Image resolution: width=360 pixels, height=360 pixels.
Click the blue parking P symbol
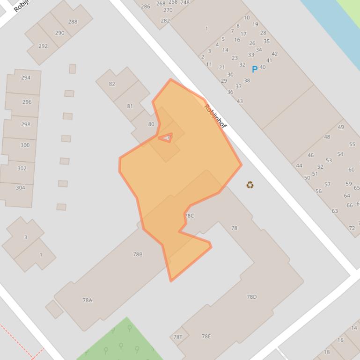(255, 70)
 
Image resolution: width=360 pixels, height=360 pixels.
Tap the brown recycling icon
(250, 185)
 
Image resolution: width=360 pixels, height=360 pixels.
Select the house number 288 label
(73, 22)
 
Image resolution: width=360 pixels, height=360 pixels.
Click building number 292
(43, 46)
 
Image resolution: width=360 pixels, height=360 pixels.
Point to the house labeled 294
(26, 78)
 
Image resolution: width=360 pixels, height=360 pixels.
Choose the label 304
(20, 187)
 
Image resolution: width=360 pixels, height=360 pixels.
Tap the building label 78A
(88, 300)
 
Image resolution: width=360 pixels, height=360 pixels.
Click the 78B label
(138, 254)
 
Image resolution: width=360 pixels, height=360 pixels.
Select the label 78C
(189, 216)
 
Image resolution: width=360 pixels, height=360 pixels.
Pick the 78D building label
(252, 296)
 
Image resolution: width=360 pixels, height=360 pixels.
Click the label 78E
(206, 336)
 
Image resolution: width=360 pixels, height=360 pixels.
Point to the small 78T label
(178, 337)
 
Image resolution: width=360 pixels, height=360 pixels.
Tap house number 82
(112, 84)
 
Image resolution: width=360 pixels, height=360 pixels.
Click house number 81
(130, 106)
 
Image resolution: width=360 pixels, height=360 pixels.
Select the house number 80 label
(151, 124)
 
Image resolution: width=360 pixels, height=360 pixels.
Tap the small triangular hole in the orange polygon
(167, 137)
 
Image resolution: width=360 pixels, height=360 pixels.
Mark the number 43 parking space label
(240, 101)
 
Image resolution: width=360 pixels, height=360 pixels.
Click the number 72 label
(352, 228)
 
